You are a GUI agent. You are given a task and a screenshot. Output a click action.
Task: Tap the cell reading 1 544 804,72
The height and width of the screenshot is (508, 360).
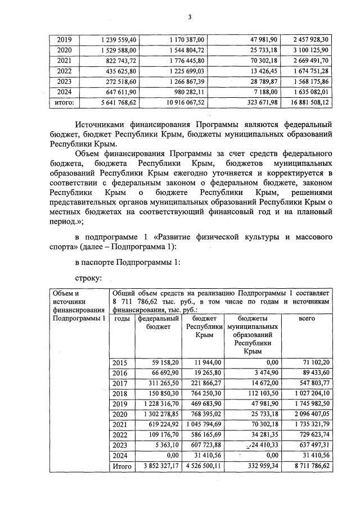188,50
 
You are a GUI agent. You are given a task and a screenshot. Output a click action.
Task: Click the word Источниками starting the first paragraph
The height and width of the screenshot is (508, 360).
103,123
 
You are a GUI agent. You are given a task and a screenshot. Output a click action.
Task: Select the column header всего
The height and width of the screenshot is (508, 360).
307,319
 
